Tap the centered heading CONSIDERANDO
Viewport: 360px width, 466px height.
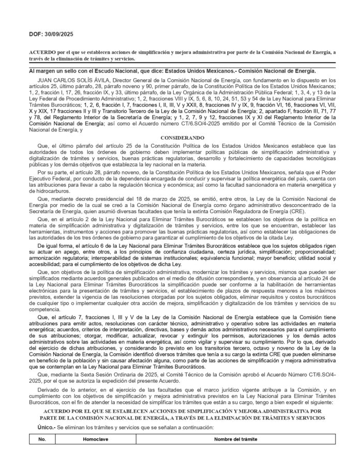click(179, 138)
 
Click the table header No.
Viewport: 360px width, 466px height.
click(42, 440)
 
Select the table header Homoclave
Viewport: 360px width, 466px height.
click(93, 440)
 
